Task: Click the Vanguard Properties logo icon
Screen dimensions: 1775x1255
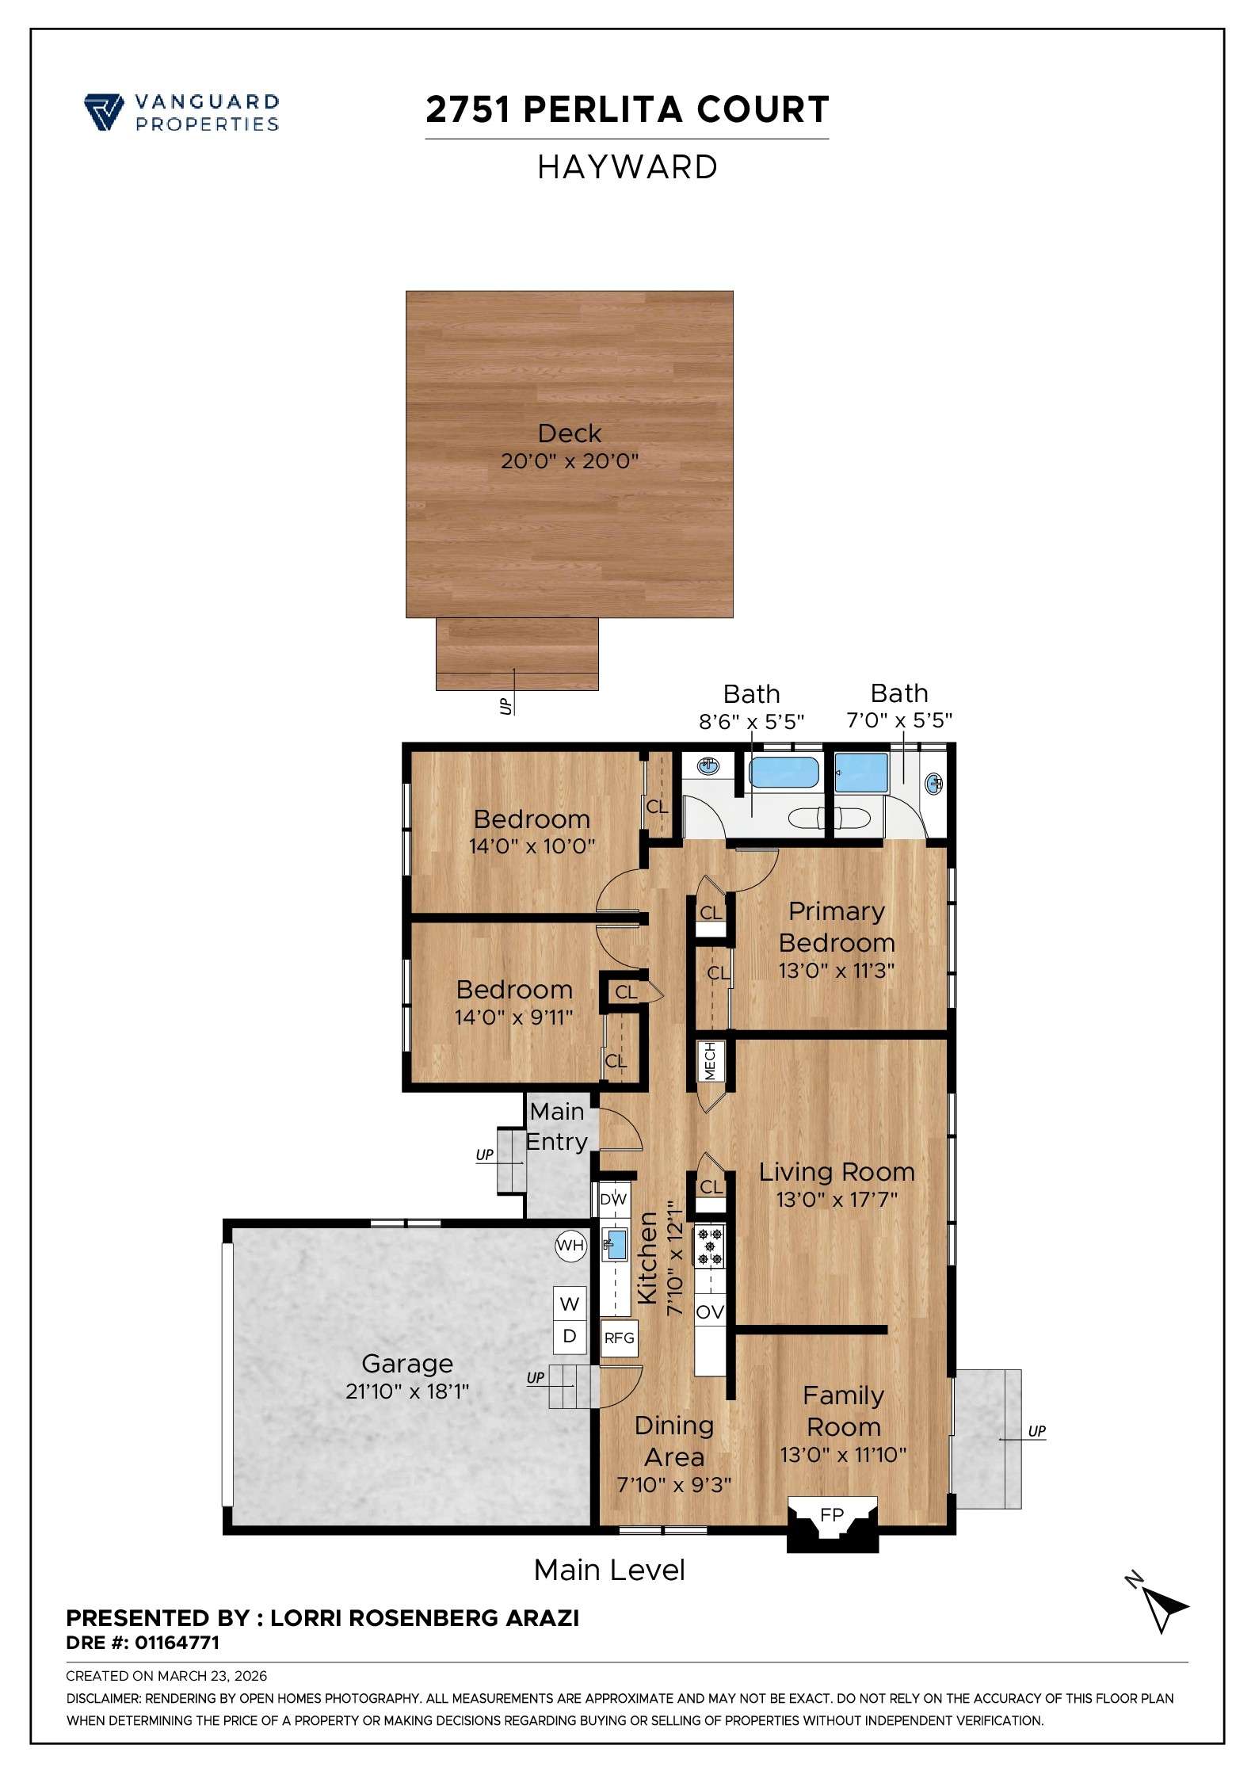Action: click(x=103, y=111)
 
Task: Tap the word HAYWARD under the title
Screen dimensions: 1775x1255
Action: click(x=627, y=167)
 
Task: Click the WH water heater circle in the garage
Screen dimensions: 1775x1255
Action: click(x=570, y=1245)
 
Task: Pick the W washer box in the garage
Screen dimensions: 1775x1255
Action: click(x=570, y=1304)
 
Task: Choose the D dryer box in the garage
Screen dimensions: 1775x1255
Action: click(x=570, y=1336)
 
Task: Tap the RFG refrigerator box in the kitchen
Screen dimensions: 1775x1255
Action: click(x=619, y=1338)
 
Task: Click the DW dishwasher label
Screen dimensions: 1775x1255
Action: click(x=613, y=1200)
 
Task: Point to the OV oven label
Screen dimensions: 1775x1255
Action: click(x=709, y=1312)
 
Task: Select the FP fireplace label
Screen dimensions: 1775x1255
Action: click(x=832, y=1515)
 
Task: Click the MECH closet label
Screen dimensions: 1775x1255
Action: click(x=710, y=1061)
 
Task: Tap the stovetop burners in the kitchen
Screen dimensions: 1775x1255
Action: click(x=709, y=1246)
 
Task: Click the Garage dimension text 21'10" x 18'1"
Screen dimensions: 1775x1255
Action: click(x=407, y=1391)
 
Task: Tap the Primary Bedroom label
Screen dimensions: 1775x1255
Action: click(x=837, y=927)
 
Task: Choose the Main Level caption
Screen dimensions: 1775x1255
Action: click(x=608, y=1570)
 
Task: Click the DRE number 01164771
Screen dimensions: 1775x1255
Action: click(x=177, y=1643)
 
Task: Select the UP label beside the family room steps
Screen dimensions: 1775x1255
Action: click(x=1036, y=1431)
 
